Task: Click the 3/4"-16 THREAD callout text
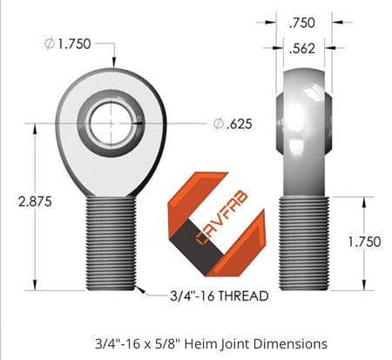click(x=218, y=296)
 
